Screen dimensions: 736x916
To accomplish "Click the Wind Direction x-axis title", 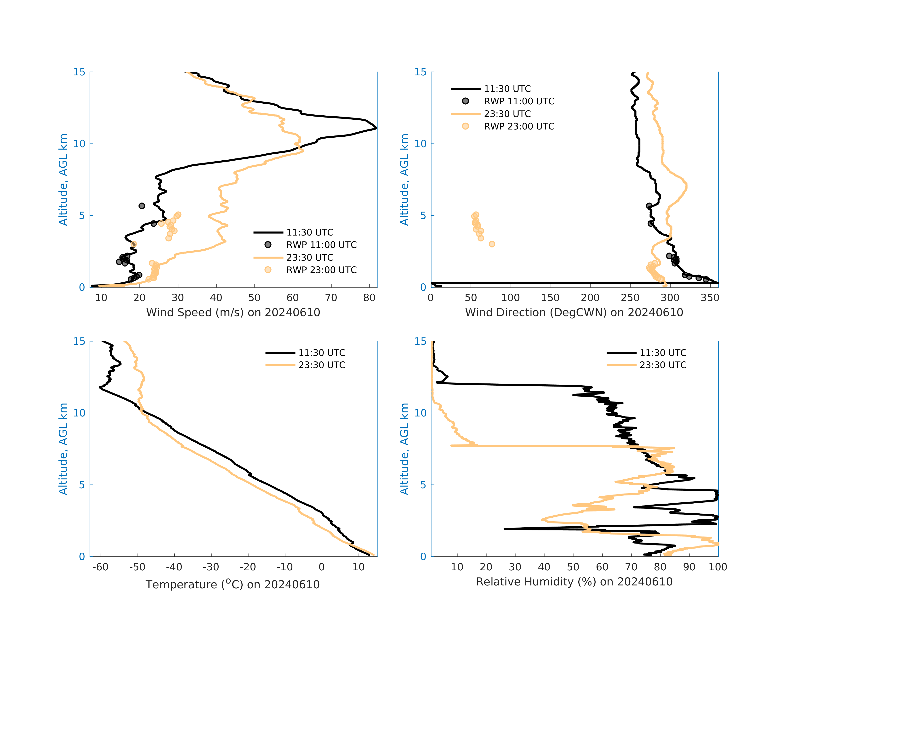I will (x=574, y=313).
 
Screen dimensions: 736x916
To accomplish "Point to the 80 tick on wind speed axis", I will (x=369, y=298).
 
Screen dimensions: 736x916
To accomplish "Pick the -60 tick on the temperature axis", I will (x=101, y=567).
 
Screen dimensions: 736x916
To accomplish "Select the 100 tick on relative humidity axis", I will (x=717, y=567).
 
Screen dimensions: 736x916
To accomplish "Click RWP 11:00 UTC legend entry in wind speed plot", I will (x=321, y=245).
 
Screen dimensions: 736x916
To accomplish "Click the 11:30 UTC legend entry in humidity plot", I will (x=663, y=353).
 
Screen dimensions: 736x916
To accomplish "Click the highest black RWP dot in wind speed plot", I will (x=142, y=206).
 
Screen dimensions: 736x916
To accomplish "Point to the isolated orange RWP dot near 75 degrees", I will (x=492, y=244).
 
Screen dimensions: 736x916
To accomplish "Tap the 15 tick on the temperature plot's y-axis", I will (x=80, y=342).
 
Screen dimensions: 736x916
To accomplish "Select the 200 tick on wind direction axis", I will (x=590, y=298).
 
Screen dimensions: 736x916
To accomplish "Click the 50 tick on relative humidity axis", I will (x=573, y=567).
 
